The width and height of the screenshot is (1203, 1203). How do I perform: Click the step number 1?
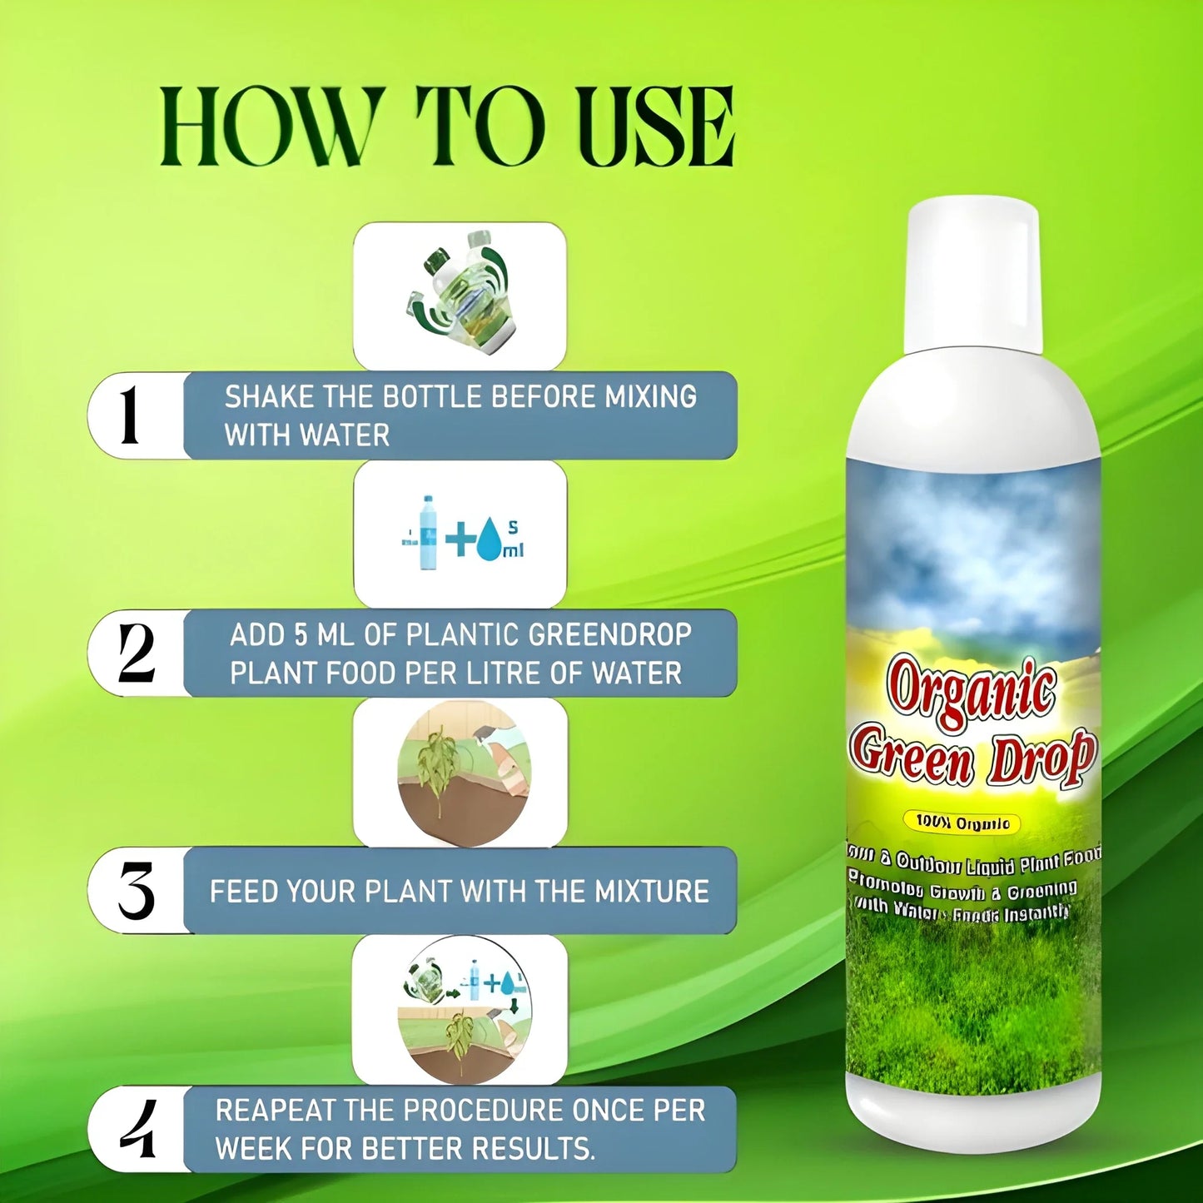coord(129,415)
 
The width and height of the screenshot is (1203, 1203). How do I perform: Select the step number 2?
coord(136,654)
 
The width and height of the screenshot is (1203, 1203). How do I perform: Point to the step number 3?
coord(137,891)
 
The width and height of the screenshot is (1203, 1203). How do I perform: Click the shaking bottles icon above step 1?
coord(460,291)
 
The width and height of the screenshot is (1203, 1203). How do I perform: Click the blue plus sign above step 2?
coord(460,539)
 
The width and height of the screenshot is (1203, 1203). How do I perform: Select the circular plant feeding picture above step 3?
coord(463,774)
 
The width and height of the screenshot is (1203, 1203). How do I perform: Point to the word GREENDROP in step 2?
coord(609,635)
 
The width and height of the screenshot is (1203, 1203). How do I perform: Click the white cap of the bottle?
coord(972,275)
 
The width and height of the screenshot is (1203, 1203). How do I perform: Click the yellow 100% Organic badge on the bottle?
coord(962,823)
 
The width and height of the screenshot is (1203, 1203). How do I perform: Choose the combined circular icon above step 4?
coord(463,1010)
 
